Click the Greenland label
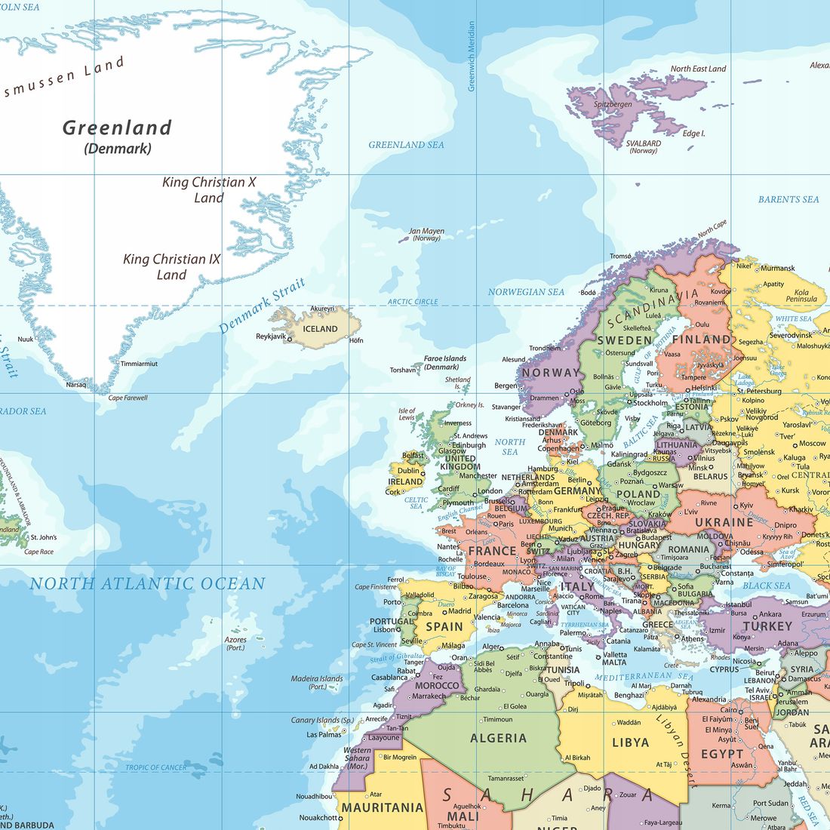117,128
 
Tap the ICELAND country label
320,329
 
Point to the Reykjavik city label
271,337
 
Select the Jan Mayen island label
426,232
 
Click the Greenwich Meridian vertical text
472,57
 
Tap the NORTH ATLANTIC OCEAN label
148,583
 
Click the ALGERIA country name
498,738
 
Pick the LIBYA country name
630,742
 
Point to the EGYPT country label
722,754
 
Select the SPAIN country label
444,626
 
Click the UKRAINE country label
724,522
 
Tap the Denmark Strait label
262,306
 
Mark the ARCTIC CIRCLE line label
413,302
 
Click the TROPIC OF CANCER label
156,767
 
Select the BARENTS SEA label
788,200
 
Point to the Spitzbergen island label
613,105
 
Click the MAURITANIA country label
383,807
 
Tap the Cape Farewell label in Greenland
128,398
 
